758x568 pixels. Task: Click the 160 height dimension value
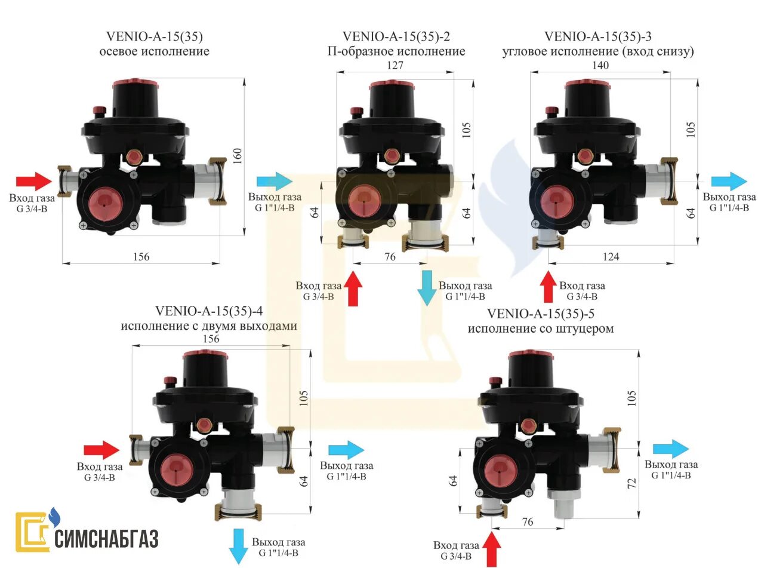(x=238, y=155)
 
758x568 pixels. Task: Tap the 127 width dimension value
(x=395, y=65)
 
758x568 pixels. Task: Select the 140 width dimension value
(x=601, y=65)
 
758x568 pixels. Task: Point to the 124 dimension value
(x=611, y=256)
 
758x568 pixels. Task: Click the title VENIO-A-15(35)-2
(x=396, y=37)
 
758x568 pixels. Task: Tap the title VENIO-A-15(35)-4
(x=209, y=311)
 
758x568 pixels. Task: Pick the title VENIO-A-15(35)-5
(x=541, y=314)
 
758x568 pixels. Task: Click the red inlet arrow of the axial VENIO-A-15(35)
(x=34, y=181)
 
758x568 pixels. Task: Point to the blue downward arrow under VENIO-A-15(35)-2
(x=427, y=288)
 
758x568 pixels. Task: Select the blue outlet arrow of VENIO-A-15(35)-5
(x=671, y=449)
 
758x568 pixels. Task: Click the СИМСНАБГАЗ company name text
(x=107, y=538)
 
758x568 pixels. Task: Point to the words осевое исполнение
(x=154, y=51)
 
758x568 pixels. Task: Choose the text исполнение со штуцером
(x=541, y=328)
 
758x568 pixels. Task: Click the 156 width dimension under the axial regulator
(x=141, y=256)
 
